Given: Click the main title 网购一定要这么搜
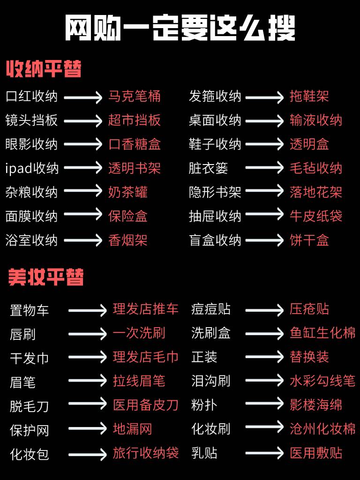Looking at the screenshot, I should click(180, 29).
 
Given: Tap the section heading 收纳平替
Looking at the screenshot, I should click(44, 69).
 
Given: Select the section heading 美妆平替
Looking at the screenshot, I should click(46, 277).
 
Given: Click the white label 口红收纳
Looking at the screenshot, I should click(31, 97).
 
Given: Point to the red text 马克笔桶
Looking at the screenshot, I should click(135, 97).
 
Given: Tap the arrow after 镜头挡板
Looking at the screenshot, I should click(83, 121).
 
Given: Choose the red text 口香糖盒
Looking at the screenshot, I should click(135, 144).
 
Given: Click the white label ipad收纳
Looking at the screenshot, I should click(32, 168).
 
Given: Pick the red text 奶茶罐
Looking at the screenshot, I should click(128, 192).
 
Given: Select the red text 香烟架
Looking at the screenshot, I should click(128, 240).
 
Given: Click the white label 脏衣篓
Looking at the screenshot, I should click(208, 168).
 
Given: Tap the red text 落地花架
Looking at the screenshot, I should click(316, 192).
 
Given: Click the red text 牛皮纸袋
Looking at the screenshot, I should click(316, 216).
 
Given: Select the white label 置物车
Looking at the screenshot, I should click(30, 310).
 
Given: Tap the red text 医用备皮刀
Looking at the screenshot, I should click(146, 405).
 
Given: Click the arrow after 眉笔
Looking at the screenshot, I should click(88, 381).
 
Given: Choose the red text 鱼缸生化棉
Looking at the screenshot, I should click(322, 333).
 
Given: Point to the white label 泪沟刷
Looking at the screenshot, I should click(210, 381).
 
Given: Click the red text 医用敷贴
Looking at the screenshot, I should click(316, 453).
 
